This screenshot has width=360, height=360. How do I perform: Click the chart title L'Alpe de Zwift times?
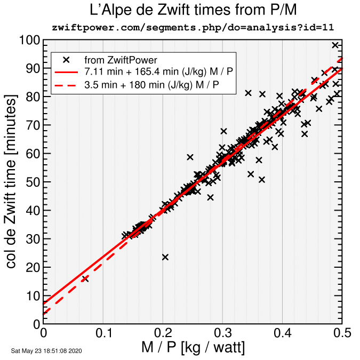point(193,10)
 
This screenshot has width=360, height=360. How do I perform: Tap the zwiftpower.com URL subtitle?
point(193,27)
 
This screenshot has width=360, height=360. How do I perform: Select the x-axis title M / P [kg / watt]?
point(193,348)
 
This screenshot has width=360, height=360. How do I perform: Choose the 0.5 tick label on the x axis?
point(342,333)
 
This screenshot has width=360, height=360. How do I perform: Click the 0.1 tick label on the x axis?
point(103,333)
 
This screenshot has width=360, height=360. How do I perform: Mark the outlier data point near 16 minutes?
point(84,279)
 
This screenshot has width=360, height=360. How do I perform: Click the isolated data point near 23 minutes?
point(165,257)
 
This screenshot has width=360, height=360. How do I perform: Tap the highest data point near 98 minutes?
point(335,45)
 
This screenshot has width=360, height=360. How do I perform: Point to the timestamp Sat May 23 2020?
point(46,351)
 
